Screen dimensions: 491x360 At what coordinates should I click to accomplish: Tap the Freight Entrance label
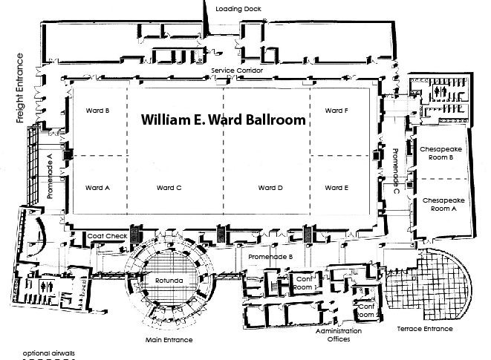coord(20,88)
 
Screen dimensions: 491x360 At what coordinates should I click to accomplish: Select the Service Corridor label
coord(233,71)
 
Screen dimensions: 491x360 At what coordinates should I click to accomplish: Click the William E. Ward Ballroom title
coord(224,119)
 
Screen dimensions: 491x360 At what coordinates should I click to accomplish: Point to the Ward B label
coord(98,111)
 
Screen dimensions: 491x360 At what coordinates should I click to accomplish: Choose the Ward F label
coord(336,111)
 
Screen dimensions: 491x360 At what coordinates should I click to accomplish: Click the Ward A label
coord(98,188)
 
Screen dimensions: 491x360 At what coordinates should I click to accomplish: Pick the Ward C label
coord(169,188)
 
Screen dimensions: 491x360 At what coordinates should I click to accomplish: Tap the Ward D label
coord(270,188)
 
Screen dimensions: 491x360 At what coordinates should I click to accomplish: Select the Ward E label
coord(336,188)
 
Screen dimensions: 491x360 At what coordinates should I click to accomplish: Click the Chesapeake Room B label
coord(441,153)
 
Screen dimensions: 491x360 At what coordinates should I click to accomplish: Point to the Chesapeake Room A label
coord(441,205)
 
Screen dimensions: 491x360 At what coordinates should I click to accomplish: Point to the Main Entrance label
coord(169,340)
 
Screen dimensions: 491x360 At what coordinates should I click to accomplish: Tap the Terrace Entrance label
coord(424,328)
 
